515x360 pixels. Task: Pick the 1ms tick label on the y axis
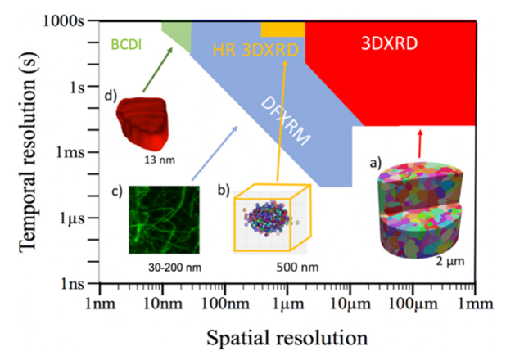[x=71, y=152]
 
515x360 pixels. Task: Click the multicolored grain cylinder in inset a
[x=417, y=209]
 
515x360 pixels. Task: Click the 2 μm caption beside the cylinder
[x=441, y=262]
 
